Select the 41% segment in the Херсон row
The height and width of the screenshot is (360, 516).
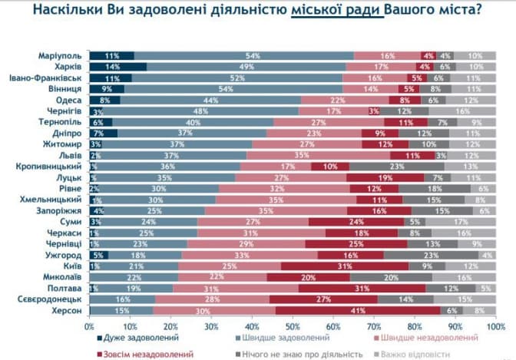358,310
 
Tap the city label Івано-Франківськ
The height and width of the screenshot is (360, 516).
45,78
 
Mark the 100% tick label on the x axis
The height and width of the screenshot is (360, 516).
495,325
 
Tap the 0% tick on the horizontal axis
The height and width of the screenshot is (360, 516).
89,325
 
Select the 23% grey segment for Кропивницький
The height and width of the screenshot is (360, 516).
396,167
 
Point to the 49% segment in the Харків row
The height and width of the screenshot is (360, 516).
246,67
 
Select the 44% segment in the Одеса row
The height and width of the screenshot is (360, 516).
211,100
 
